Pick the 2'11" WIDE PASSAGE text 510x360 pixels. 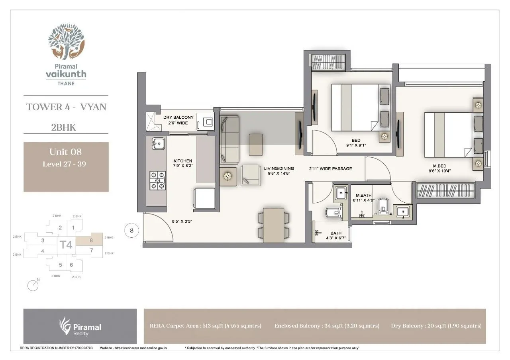(x=330, y=168)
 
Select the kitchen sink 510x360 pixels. (x=158, y=143)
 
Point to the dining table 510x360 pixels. (x=273, y=225)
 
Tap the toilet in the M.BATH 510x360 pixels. (x=383, y=205)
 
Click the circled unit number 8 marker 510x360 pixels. (x=131, y=230)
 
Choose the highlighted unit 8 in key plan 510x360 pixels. (x=90, y=240)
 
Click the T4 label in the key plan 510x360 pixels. (x=66, y=245)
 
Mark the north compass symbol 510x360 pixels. (x=33, y=285)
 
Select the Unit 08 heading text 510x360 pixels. (x=65, y=152)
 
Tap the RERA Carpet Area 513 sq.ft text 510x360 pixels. (x=205, y=326)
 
